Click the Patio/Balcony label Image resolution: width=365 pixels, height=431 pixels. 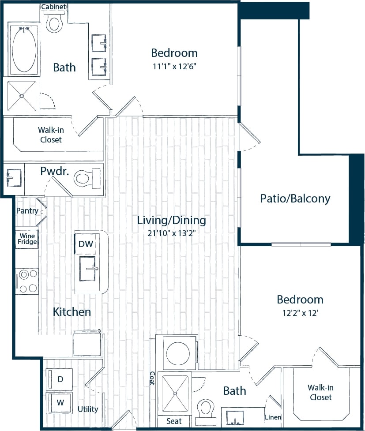295,199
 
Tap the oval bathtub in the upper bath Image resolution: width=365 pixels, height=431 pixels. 24,50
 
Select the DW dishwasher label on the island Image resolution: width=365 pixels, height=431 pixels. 85,244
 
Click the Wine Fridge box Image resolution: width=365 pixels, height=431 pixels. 27,239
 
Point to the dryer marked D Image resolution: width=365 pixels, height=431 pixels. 60,379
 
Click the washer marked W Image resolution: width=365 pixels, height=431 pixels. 60,402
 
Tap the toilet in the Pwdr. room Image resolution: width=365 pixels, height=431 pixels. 83,178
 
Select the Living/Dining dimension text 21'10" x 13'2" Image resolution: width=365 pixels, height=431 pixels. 172,233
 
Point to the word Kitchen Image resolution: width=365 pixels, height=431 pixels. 72,312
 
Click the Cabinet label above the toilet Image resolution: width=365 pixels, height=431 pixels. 54,7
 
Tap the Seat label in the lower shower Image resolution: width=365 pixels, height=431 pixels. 174,421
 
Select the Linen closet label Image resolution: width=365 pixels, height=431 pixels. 273,417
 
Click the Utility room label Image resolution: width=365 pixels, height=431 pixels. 88,409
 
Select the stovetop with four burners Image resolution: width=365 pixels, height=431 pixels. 27,281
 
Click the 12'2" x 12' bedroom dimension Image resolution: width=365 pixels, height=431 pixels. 300,313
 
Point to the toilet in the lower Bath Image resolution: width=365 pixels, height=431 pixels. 205,408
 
